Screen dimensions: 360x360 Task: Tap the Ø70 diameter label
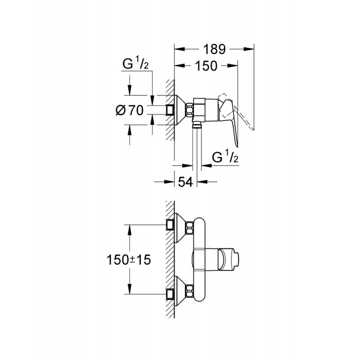pos(130,111)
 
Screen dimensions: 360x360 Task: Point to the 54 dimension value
pos(186,182)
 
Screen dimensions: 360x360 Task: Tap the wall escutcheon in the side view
pos(181,110)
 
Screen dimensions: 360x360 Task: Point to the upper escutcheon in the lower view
pos(181,225)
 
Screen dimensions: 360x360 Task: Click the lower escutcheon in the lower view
pos(181,293)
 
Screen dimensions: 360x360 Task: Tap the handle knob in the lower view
pos(232,259)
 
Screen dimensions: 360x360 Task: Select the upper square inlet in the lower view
pos(170,225)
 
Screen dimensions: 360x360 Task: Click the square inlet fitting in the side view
pos(170,110)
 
